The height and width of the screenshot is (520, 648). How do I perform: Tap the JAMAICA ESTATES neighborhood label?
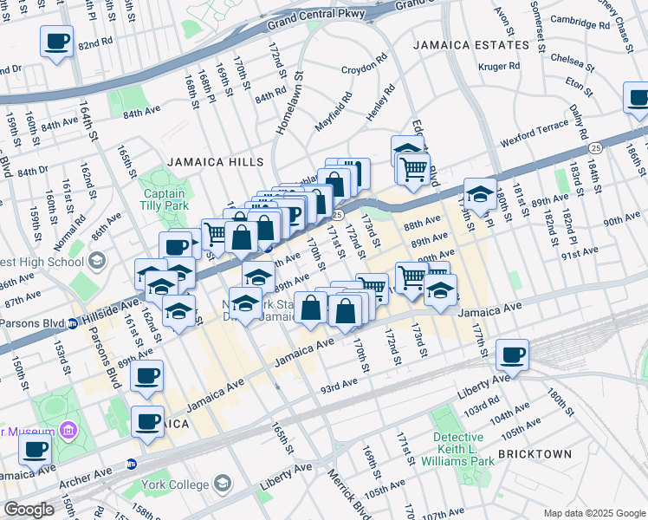[470, 45]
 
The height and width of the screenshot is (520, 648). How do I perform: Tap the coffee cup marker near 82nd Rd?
[56, 41]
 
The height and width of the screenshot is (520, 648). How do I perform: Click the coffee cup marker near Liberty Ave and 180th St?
[512, 354]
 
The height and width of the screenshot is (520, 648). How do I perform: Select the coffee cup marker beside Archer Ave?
[36, 450]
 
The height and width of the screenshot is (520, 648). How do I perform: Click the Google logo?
[29, 510]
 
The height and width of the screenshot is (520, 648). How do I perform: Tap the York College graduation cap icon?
[224, 483]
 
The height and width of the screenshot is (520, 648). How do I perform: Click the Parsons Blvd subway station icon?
[74, 325]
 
